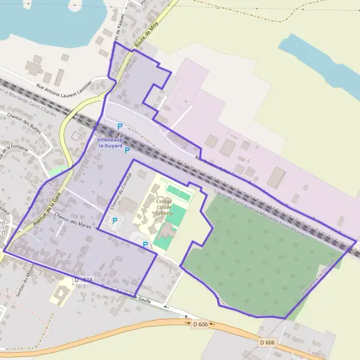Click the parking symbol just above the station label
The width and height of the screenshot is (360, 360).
pos(119,126)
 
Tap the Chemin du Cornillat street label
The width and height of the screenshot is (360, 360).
pos(121,194)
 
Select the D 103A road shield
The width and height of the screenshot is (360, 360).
pos(85,280)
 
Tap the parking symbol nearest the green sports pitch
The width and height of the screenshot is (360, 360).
pos(145,244)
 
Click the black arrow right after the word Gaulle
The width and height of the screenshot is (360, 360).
pos(167,307)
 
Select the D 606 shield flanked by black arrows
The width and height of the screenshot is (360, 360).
pos(200,325)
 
